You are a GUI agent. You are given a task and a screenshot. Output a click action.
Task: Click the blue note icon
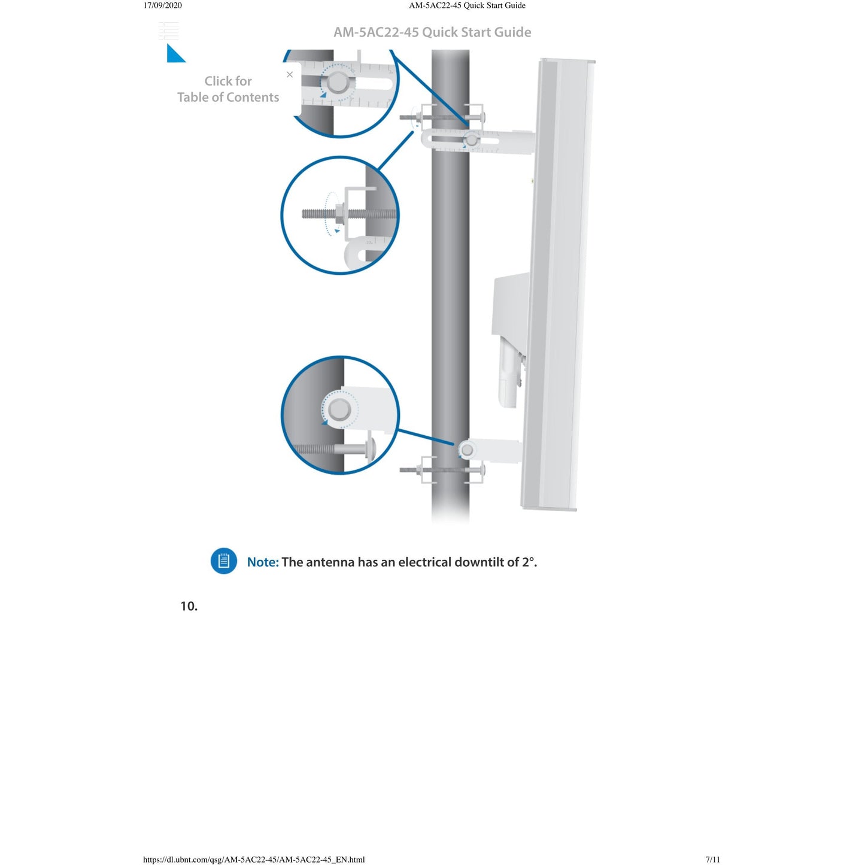224,561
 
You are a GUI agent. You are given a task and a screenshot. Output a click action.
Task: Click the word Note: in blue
263,562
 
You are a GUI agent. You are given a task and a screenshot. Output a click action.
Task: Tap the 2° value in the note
528,562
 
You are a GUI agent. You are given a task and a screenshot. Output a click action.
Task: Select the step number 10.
189,606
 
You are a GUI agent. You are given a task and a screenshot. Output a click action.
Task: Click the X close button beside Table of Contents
290,74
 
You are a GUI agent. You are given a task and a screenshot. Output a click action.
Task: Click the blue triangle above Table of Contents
175,54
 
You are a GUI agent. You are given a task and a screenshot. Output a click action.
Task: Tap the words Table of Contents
228,97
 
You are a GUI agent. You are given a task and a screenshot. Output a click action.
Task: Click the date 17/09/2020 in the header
162,5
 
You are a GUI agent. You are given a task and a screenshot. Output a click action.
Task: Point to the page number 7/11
712,860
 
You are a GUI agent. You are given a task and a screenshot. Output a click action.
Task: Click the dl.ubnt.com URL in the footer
254,860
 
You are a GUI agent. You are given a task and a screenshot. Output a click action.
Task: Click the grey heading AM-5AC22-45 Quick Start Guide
432,32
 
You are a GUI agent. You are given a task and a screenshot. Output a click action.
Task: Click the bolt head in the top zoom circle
338,83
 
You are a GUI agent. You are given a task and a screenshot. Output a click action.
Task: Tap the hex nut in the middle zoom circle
338,213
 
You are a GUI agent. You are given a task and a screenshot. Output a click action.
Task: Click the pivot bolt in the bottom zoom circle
340,409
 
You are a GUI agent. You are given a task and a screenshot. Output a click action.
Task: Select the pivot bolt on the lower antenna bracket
468,450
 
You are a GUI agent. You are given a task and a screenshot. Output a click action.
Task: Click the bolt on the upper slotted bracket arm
472,141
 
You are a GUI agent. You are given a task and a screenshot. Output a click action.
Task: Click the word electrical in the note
424,562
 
